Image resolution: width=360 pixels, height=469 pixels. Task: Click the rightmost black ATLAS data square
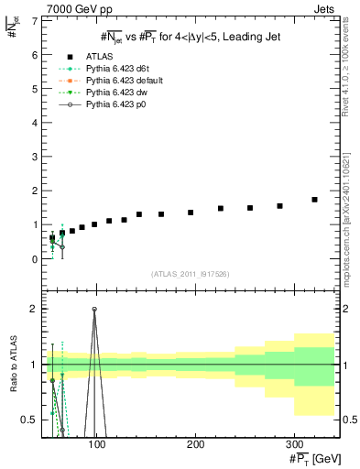click(314, 200)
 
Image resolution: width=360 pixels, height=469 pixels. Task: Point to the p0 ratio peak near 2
click(94, 309)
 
